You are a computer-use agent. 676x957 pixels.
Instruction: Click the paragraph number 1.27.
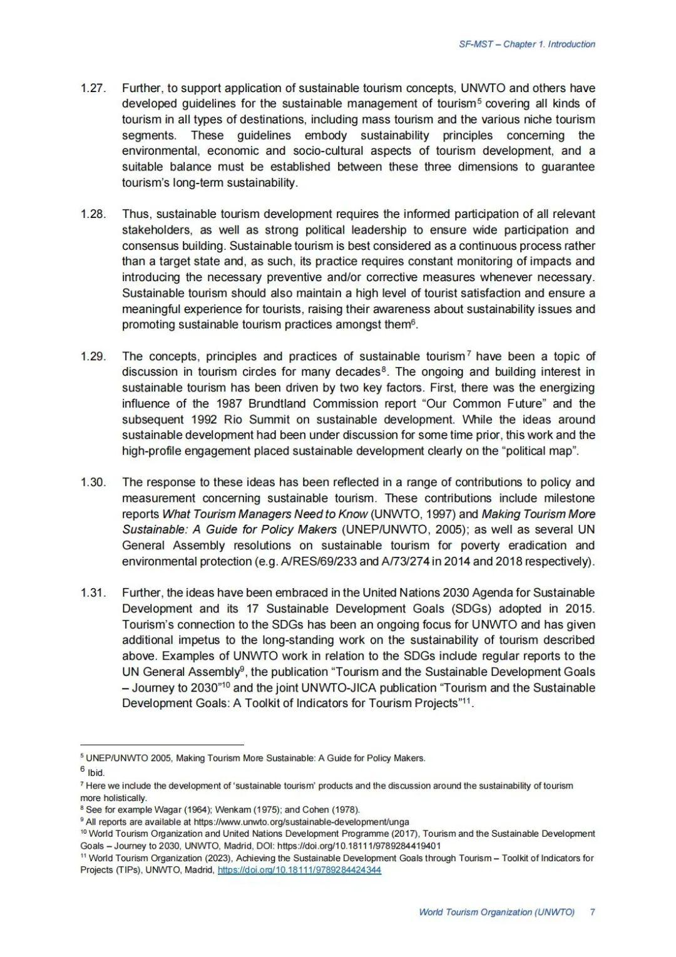(x=93, y=88)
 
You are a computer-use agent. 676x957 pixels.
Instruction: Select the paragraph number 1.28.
(x=93, y=214)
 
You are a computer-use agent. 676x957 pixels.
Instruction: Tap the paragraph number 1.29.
(x=93, y=356)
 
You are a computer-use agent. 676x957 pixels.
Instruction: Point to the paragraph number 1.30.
(x=93, y=482)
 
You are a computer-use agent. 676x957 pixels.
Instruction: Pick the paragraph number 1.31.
(x=93, y=592)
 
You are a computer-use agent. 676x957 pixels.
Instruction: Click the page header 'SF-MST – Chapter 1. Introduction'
(x=526, y=44)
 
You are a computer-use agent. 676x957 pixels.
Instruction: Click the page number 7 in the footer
(x=592, y=912)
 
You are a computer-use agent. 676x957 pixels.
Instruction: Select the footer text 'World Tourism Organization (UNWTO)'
(x=496, y=912)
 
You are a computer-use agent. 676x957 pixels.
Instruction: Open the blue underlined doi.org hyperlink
(x=299, y=870)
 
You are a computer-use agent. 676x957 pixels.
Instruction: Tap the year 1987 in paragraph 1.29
(x=229, y=404)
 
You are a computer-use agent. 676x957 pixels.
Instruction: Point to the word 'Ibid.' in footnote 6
(x=96, y=773)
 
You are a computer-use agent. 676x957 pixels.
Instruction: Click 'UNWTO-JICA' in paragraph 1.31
(x=330, y=688)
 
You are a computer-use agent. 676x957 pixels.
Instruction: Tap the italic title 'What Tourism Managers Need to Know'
(x=265, y=514)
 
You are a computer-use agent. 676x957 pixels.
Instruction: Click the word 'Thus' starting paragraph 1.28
(x=134, y=214)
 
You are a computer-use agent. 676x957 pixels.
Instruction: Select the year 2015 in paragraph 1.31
(x=580, y=609)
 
